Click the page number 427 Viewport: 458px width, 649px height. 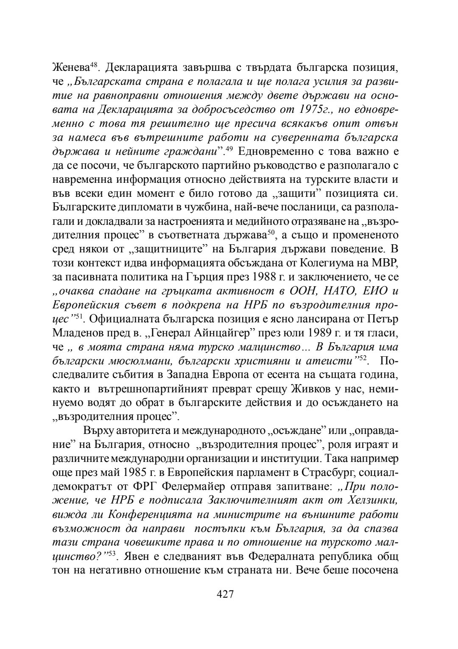[225, 594]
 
